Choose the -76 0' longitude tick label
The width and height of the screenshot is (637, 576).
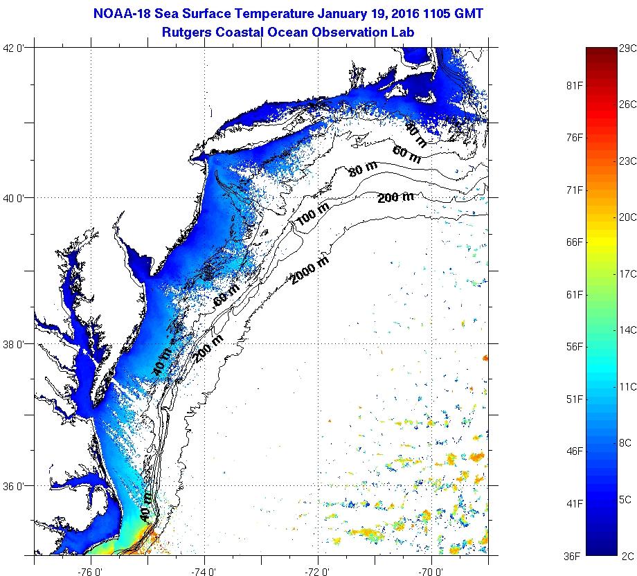click(91, 571)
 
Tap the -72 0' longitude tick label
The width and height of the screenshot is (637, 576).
click(318, 571)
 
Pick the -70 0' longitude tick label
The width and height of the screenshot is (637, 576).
click(431, 571)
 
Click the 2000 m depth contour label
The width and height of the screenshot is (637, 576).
click(309, 269)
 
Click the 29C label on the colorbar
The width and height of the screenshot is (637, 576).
click(627, 48)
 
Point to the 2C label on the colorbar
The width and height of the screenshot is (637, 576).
click(627, 556)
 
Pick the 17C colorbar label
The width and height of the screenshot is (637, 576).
click(627, 273)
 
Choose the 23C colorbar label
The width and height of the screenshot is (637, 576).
click(627, 161)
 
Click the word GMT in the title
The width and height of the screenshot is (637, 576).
click(468, 14)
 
